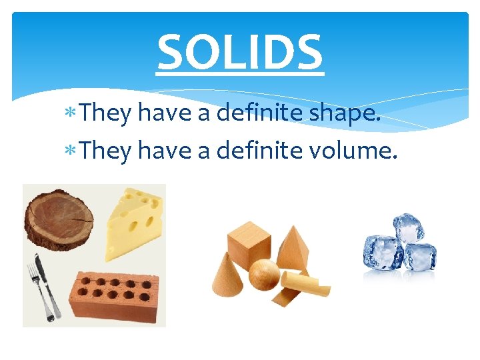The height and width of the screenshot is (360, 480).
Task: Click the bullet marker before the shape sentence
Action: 73,115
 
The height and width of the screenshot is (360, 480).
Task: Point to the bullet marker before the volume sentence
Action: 73,153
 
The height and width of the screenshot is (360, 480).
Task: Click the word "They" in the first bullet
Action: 106,115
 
